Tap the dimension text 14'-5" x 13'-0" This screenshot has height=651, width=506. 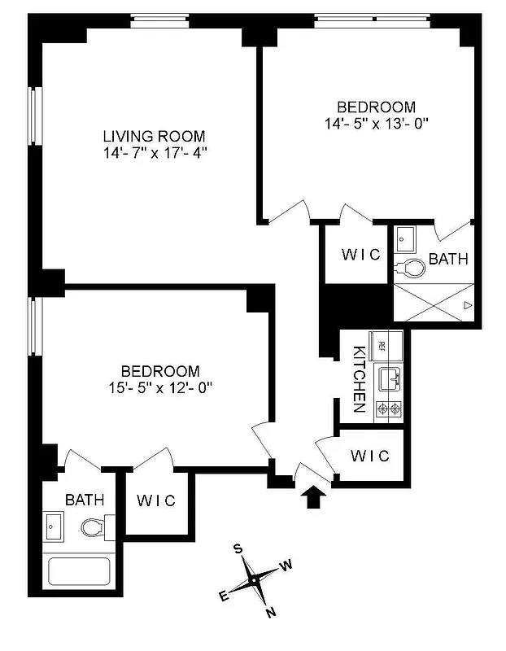376,124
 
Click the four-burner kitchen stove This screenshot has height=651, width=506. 387,409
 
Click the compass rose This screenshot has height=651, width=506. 255,579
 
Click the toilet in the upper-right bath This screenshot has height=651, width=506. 412,266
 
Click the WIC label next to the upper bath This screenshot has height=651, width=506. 360,255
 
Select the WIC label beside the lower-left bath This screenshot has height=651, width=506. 155,500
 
